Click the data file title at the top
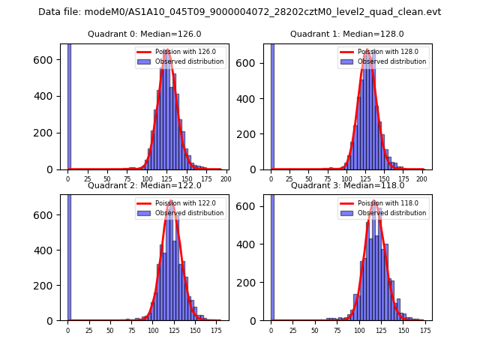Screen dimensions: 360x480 (x=239, y=12)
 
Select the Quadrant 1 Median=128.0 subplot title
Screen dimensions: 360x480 (x=346, y=34)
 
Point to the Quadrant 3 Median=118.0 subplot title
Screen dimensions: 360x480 (x=346, y=185)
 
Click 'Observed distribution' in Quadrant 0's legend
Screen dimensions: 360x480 (x=193, y=61)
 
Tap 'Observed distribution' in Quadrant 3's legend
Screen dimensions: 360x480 (x=396, y=213)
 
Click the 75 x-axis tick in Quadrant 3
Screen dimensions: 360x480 (x=330, y=330)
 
